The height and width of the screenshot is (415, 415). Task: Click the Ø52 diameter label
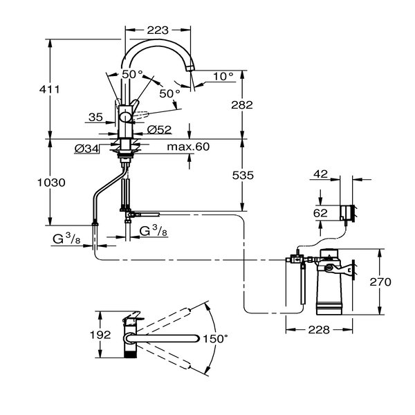(x=161, y=130)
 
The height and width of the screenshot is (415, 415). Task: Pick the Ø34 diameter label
(x=86, y=147)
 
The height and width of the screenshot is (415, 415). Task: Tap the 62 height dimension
(x=319, y=214)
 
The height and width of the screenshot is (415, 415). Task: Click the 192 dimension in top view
(x=100, y=335)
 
